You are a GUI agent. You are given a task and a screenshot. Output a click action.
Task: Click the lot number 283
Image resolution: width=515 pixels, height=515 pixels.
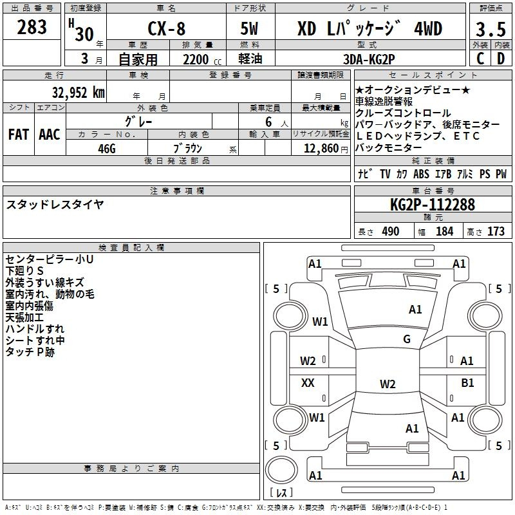coord(32,27)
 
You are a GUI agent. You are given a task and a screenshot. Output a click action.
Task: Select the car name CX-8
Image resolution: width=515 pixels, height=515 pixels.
coord(167,28)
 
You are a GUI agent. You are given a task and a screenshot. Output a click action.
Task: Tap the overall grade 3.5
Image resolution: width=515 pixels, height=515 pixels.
coord(491,29)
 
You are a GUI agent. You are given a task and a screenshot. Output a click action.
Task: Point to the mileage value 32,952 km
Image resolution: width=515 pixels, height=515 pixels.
coord(78,93)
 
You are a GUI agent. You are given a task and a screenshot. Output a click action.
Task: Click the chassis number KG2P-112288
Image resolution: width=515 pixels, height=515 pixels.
coord(433,205)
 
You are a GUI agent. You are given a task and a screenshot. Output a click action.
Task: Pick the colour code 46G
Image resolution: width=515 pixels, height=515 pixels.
coord(107,149)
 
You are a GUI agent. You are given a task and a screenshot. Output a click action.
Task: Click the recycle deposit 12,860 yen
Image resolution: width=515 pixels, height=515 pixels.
coord(326,149)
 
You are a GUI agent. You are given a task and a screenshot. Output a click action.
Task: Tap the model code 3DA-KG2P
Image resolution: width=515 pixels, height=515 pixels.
coord(369,59)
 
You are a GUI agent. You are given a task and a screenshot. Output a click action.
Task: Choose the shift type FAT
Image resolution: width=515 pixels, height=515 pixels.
coord(19,135)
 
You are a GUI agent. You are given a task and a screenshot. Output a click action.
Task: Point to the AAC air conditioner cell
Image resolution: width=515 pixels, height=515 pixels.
coord(50,135)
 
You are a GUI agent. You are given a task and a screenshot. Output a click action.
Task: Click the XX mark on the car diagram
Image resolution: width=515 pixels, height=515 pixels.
coord(308,382)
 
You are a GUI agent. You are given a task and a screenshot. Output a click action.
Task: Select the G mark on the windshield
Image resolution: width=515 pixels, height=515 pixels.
coord(407,339)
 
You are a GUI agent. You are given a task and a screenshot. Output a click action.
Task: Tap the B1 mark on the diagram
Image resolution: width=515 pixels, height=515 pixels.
coord(467,382)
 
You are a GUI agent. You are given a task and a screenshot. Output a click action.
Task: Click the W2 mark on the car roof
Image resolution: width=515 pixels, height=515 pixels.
coord(388,384)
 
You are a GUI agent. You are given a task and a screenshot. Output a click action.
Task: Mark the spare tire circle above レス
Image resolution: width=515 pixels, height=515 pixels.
coord(281,470)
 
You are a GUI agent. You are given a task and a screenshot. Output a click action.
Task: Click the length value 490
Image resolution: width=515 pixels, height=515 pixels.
coord(391,232)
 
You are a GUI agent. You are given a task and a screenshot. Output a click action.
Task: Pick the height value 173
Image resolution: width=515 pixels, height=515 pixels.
coord(496,232)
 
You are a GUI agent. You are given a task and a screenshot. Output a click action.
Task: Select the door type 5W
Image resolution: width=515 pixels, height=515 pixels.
coord(249,28)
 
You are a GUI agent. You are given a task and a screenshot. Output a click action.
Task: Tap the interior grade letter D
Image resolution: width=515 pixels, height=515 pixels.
coord(501,59)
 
